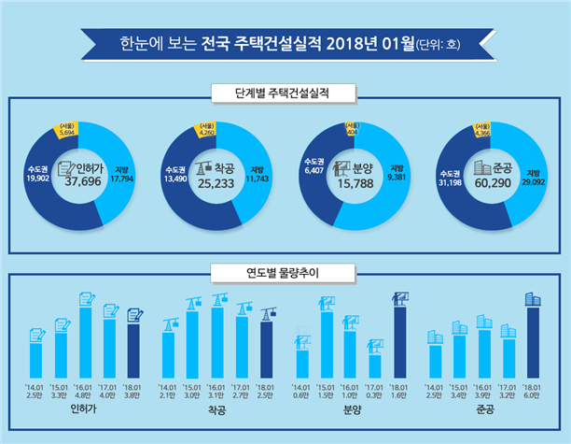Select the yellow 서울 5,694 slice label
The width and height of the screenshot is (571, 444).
66,131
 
